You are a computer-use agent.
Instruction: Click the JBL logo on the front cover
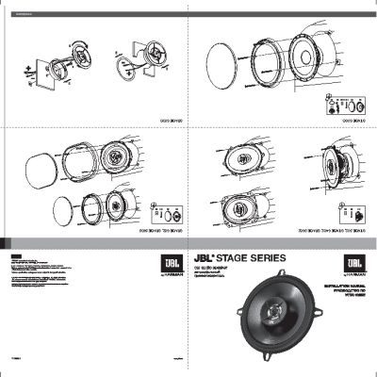[354, 261]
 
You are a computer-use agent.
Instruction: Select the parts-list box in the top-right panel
[344, 105]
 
